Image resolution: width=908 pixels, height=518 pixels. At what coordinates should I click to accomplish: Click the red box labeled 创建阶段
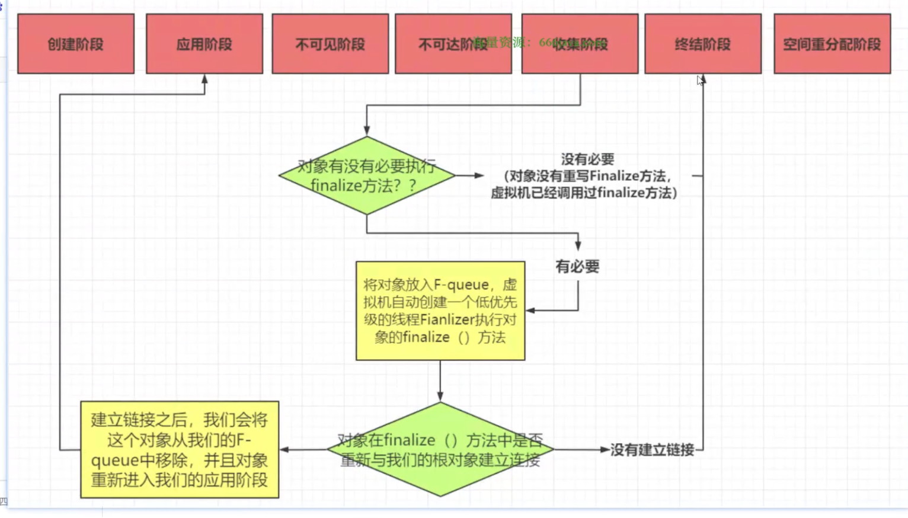[76, 44]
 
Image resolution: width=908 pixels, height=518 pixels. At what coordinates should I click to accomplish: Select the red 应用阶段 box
[204, 44]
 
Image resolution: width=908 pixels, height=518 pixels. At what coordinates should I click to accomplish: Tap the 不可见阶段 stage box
[330, 44]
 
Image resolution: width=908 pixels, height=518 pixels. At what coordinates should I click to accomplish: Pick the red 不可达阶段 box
[439, 44]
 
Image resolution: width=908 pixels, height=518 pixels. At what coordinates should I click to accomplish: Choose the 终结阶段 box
[703, 44]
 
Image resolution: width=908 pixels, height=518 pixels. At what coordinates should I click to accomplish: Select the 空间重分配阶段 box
[832, 44]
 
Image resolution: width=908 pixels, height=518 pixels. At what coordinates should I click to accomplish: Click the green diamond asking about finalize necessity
[367, 175]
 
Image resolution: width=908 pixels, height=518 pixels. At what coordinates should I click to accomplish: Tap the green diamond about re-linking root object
[440, 449]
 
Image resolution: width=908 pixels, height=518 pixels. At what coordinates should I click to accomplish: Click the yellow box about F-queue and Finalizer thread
[440, 311]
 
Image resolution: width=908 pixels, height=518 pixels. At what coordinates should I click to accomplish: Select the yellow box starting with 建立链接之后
[180, 450]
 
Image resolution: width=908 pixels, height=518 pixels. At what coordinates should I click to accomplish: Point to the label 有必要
[577, 267]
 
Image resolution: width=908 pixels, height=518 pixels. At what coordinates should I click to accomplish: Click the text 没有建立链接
[652, 450]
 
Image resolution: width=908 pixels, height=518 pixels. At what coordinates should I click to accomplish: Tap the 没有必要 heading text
[587, 159]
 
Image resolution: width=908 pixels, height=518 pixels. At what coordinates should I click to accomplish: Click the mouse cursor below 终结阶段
[700, 81]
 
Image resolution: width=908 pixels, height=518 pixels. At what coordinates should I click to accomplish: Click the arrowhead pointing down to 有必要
[578, 245]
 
